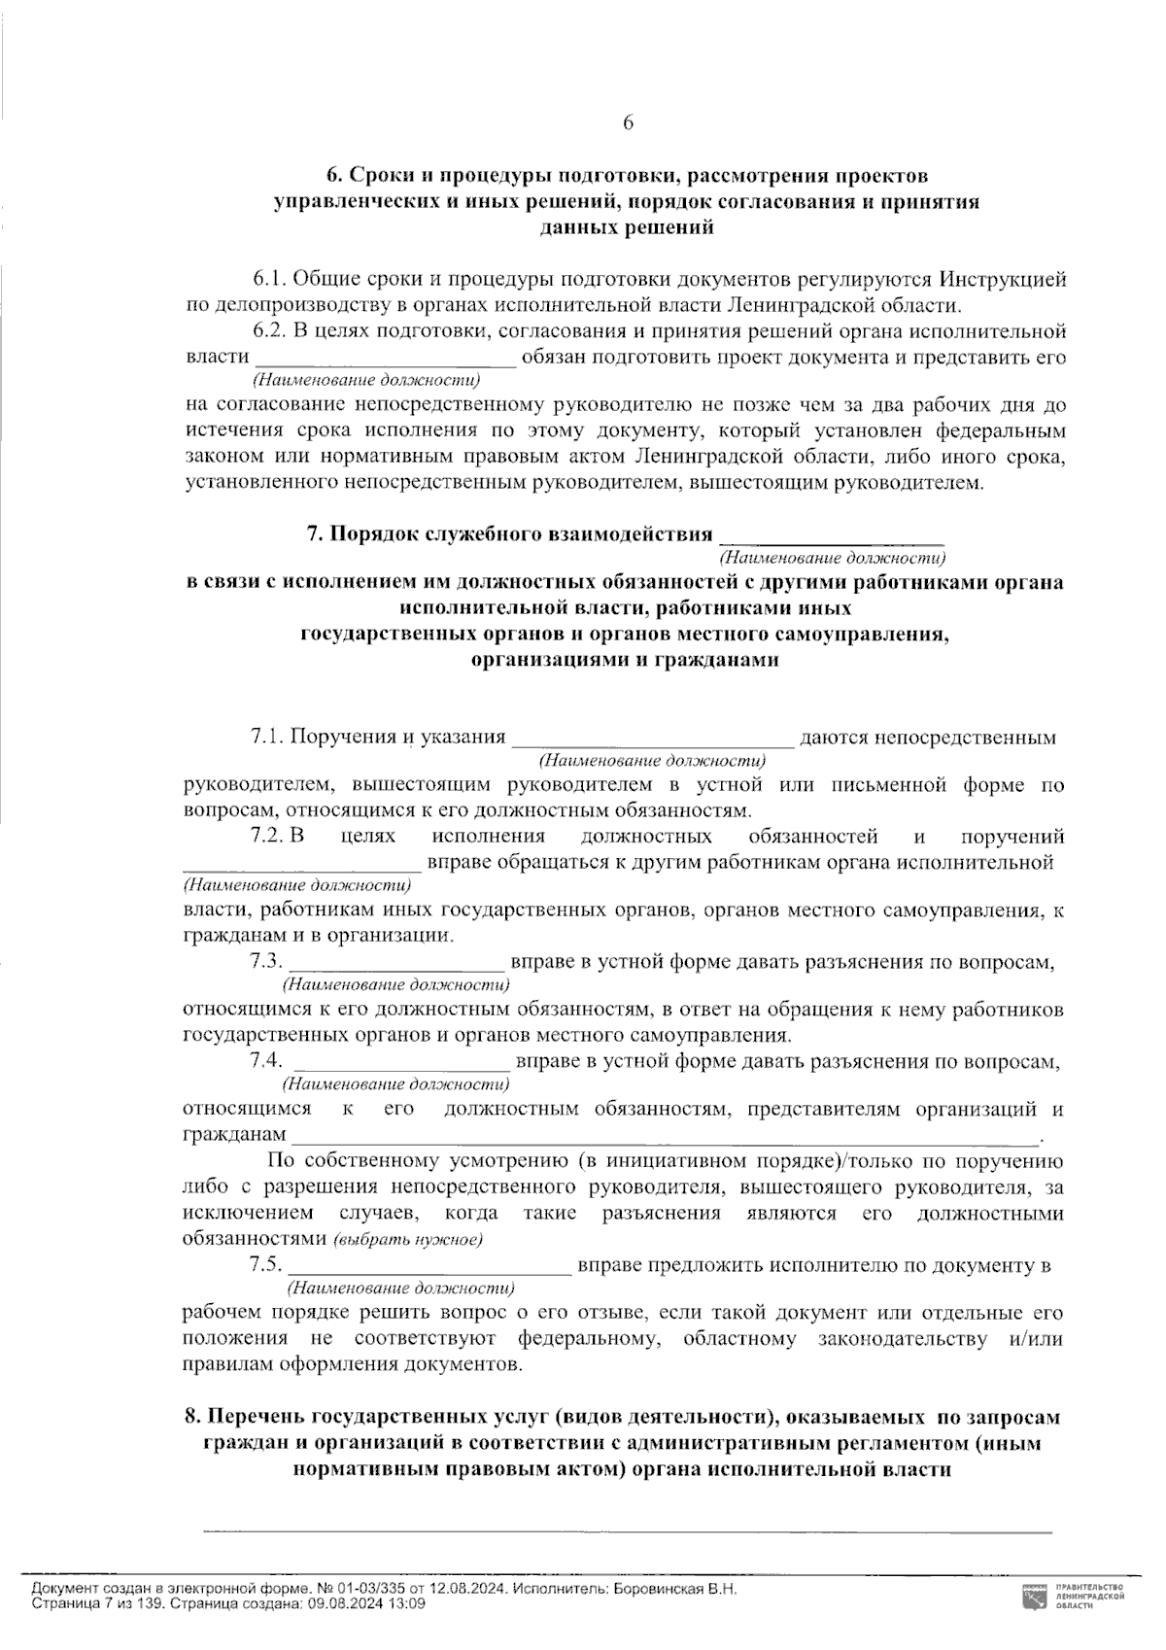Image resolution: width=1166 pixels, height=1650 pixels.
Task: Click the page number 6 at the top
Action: click(628, 122)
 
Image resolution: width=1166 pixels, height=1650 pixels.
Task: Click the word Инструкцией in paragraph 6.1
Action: click(1003, 280)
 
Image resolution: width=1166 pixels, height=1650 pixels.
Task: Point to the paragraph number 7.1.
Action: click(266, 738)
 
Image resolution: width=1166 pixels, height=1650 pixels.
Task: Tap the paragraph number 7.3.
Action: click(265, 962)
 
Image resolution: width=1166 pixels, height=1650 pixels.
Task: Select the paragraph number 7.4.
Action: click(265, 1060)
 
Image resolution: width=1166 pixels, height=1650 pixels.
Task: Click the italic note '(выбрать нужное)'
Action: click(408, 1241)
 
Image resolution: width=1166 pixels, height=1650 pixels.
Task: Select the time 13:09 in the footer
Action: click(405, 1604)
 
